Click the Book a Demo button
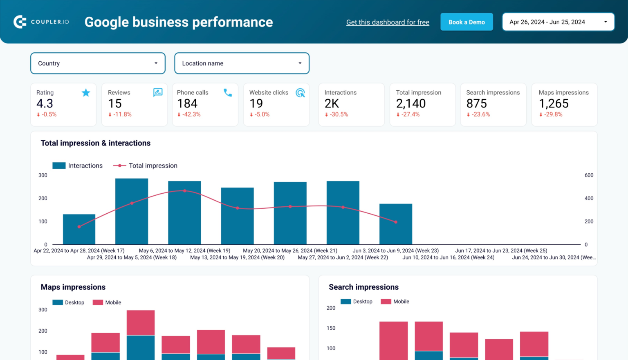pyautogui.click(x=467, y=22)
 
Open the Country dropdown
pyautogui.click(x=98, y=63)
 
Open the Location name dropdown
pyautogui.click(x=242, y=63)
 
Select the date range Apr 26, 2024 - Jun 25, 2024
pyautogui.click(x=558, y=22)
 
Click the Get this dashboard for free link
pyautogui.click(x=388, y=22)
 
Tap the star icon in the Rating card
pyautogui.click(x=86, y=93)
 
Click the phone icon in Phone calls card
pyautogui.click(x=228, y=93)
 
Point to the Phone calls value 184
pyautogui.click(x=187, y=104)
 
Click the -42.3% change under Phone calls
pyautogui.click(x=189, y=114)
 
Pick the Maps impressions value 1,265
pyautogui.click(x=554, y=104)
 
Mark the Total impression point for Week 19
pyautogui.click(x=185, y=191)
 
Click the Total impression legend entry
pyautogui.click(x=146, y=165)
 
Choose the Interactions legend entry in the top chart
pyautogui.click(x=78, y=165)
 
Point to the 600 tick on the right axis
pyautogui.click(x=589, y=175)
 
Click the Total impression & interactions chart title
pyautogui.click(x=96, y=143)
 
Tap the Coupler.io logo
pyautogui.click(x=41, y=22)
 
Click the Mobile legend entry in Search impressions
pyautogui.click(x=395, y=302)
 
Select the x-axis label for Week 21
pyautogui.click(x=290, y=250)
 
